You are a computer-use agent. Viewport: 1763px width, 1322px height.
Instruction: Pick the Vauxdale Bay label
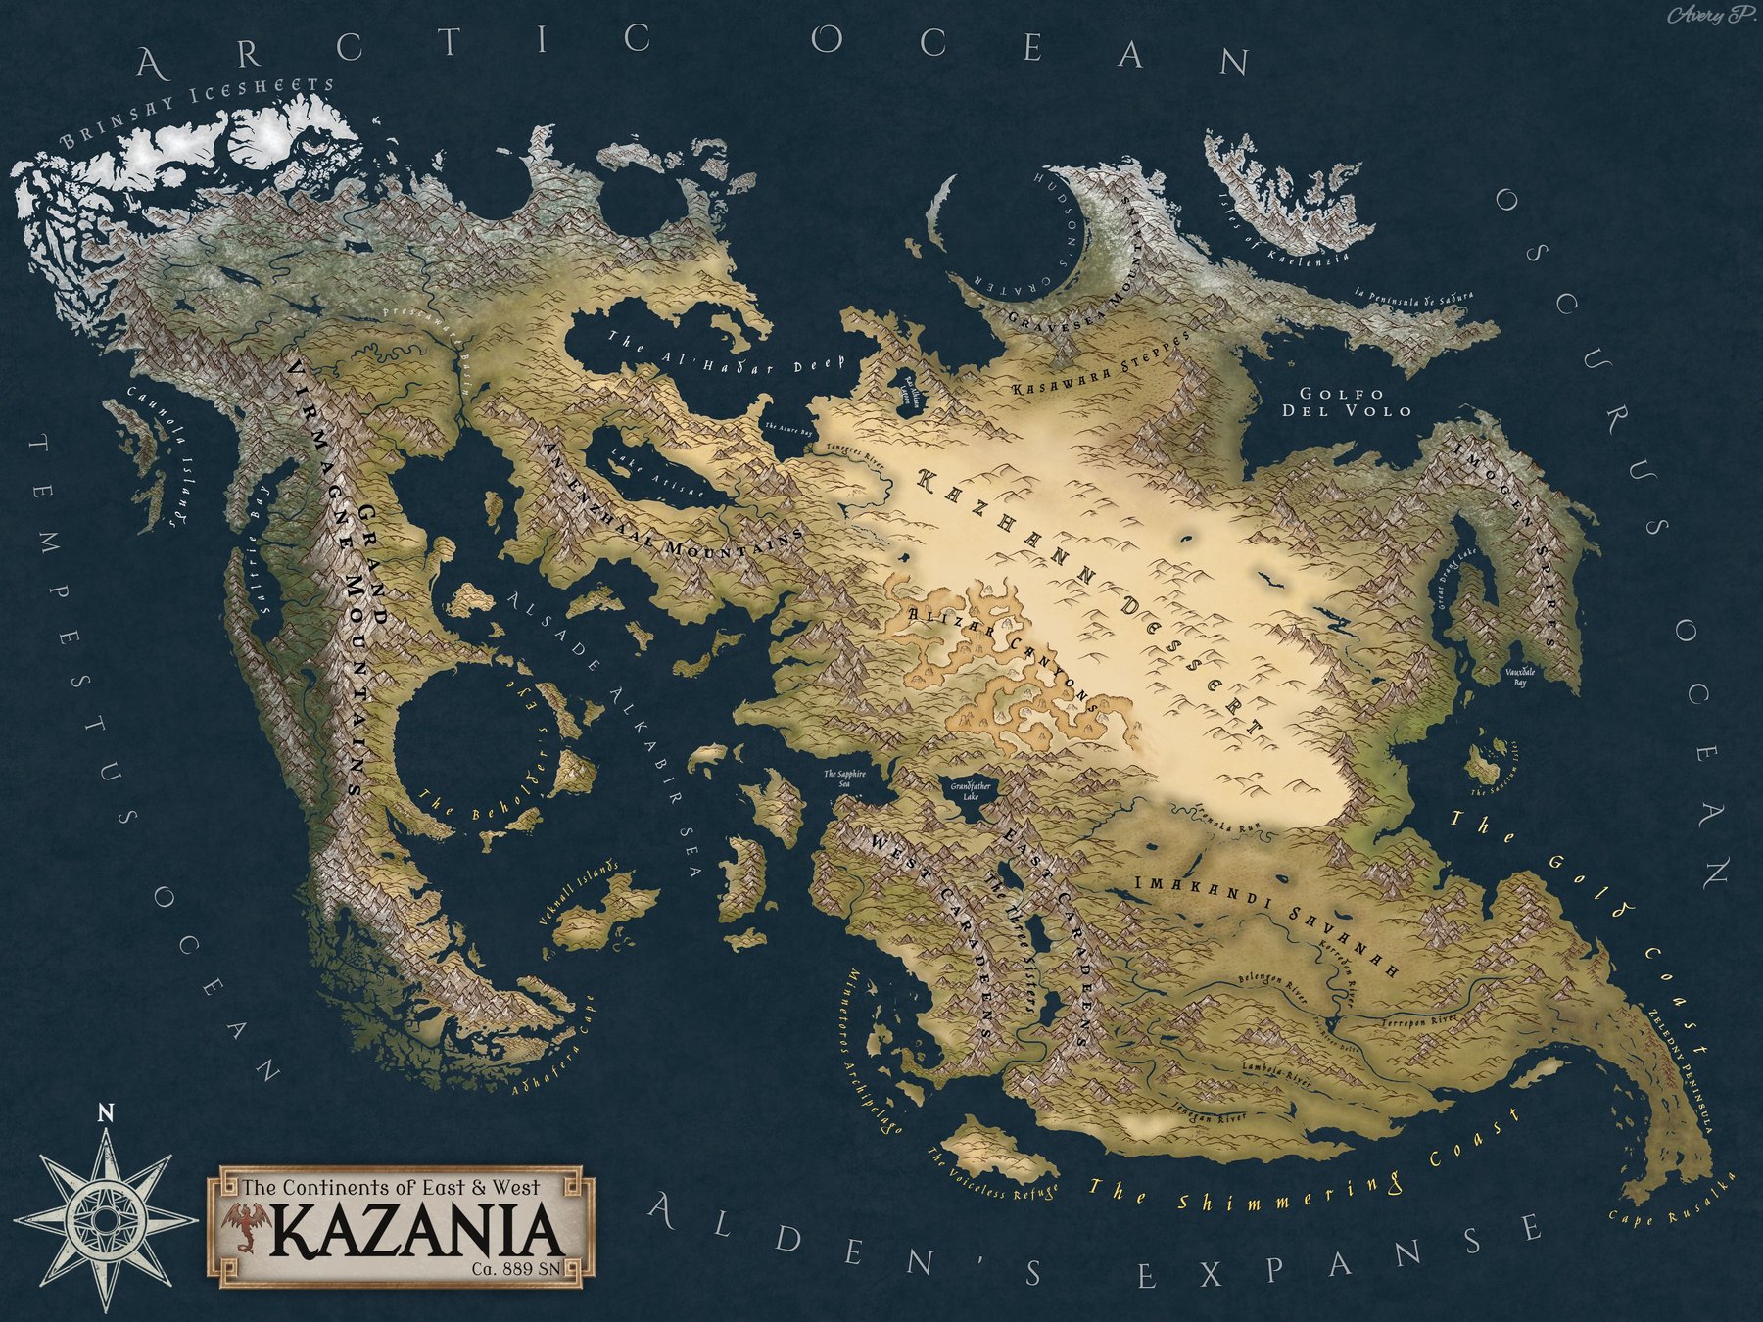click(1519, 677)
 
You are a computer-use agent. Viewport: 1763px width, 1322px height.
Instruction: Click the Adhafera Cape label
click(553, 1047)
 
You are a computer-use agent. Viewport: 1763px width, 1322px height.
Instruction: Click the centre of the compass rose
click(105, 1220)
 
